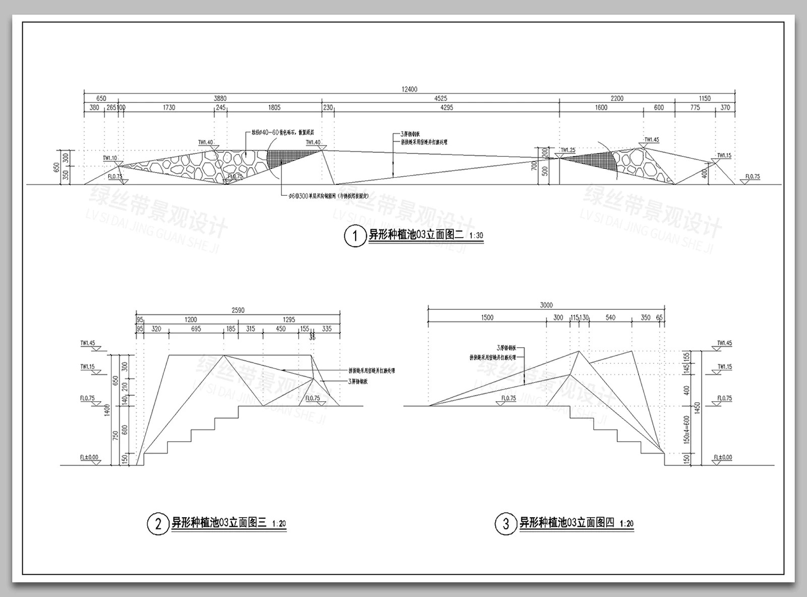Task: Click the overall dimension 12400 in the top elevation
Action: click(410, 89)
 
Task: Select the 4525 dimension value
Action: click(440, 98)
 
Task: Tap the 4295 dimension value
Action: click(440, 107)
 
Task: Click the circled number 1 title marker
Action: click(355, 236)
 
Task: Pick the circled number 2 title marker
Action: click(158, 524)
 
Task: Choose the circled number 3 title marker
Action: click(506, 524)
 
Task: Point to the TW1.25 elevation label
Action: click(568, 150)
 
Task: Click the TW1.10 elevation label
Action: click(110, 158)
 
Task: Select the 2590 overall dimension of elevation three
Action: click(238, 310)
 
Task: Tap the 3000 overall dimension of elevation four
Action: click(546, 305)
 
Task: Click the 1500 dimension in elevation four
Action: click(487, 317)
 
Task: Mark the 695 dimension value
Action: click(196, 329)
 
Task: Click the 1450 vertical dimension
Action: click(697, 408)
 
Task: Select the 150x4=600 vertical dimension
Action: click(686, 429)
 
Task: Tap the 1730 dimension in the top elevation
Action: click(169, 107)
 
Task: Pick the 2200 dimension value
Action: click(617, 98)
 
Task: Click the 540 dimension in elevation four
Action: click(610, 317)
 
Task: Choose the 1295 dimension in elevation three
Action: click(289, 319)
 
